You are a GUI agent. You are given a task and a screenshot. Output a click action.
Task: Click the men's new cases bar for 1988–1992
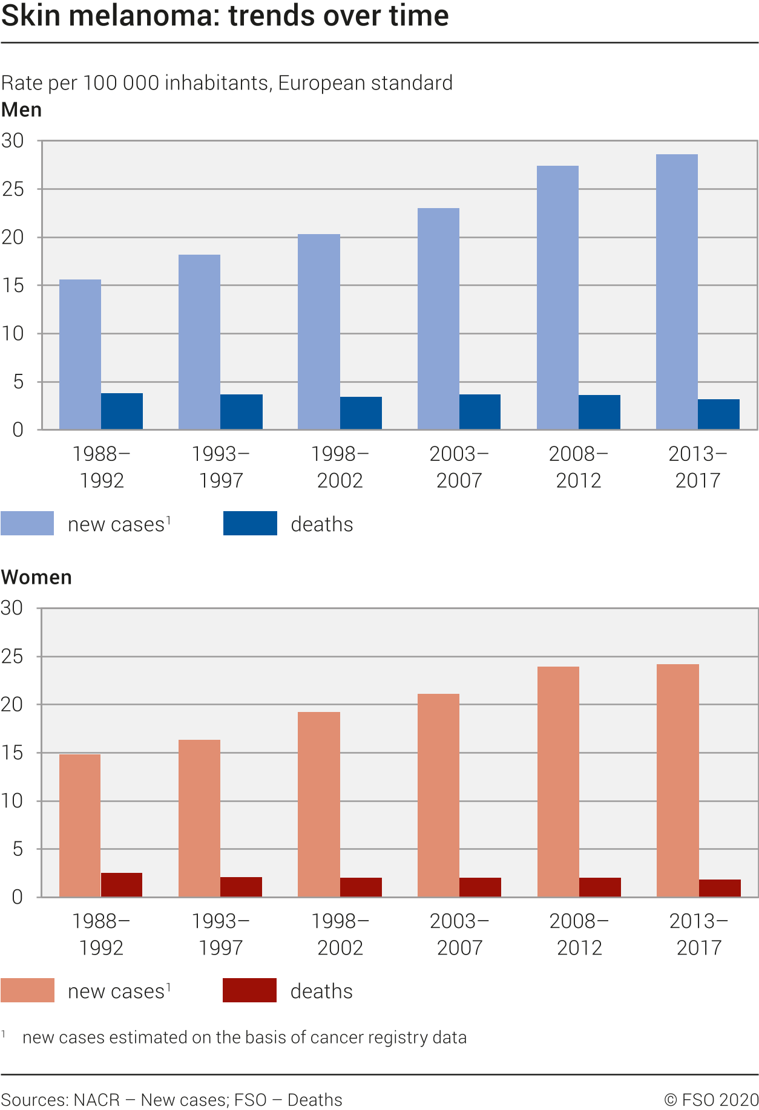(x=80, y=354)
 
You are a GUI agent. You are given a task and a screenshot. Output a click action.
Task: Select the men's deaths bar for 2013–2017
(x=718, y=414)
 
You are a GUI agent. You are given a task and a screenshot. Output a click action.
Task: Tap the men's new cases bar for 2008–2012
(x=557, y=298)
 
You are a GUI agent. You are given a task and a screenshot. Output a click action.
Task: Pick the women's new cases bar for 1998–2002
(x=319, y=805)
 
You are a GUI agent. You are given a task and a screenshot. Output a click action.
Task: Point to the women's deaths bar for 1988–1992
(x=122, y=885)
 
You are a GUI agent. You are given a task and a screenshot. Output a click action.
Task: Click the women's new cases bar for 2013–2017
(x=678, y=780)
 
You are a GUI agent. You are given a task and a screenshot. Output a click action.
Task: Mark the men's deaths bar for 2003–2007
(x=480, y=412)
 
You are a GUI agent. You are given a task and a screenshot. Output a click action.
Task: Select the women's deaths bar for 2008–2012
(x=600, y=887)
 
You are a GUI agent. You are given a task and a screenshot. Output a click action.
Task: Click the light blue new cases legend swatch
(x=27, y=523)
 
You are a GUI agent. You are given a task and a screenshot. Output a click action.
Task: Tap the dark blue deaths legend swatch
(x=250, y=523)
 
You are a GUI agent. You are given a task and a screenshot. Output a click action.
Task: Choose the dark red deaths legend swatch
(x=249, y=990)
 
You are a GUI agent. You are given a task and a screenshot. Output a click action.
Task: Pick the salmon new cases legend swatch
(x=27, y=990)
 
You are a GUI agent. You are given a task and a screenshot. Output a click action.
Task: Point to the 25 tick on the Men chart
(x=13, y=189)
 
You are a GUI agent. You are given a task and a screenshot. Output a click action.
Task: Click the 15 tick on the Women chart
(x=13, y=753)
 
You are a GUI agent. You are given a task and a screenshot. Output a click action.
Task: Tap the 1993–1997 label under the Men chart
(x=221, y=466)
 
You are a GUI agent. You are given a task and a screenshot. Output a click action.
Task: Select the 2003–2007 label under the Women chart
(x=459, y=934)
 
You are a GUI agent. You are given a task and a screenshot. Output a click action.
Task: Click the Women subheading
(x=36, y=577)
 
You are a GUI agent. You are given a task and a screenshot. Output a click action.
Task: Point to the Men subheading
(x=22, y=110)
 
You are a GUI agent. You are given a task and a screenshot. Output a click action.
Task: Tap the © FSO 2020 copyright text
(x=711, y=1100)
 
